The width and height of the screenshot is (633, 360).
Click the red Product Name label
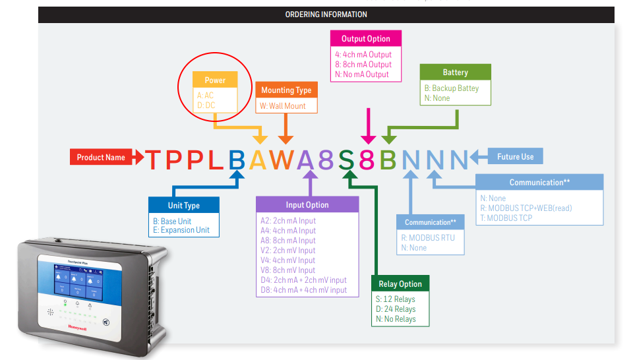101,158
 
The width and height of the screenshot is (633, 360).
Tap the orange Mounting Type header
286,90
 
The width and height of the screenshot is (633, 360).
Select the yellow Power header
215,80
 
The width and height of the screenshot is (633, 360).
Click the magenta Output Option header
366,39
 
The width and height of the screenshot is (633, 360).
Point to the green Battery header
456,72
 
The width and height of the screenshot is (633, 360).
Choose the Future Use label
515,156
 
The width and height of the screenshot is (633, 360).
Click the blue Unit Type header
184,205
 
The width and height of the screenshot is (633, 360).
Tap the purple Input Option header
307,204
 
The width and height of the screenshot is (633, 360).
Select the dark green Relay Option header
400,284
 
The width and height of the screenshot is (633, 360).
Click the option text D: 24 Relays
396,309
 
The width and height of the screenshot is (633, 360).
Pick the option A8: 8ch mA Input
288,241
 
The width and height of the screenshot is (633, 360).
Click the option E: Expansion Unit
181,230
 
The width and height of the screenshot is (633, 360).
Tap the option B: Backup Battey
452,88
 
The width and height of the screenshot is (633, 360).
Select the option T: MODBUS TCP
506,218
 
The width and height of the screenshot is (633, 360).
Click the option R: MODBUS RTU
429,237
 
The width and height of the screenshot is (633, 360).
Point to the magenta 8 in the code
367,160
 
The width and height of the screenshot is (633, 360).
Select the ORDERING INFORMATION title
326,14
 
